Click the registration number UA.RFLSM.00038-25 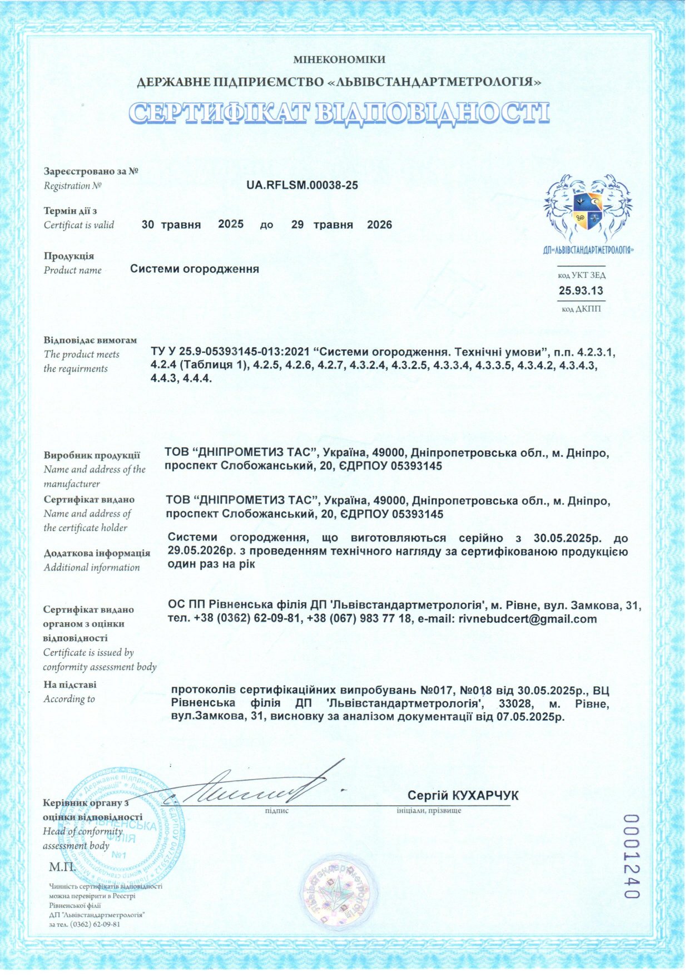[x=302, y=185]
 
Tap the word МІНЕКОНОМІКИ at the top [x=339, y=60]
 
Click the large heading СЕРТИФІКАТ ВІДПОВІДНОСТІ [x=339, y=112]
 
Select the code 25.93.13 [x=581, y=290]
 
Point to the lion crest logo [x=587, y=209]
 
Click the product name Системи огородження [x=195, y=269]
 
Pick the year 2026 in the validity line [x=379, y=225]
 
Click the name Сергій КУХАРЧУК [x=463, y=795]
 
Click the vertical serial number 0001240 [x=631, y=856]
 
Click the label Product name [x=73, y=270]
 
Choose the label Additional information [x=92, y=568]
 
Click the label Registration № [x=73, y=186]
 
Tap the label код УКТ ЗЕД [x=582, y=275]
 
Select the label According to [x=70, y=699]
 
